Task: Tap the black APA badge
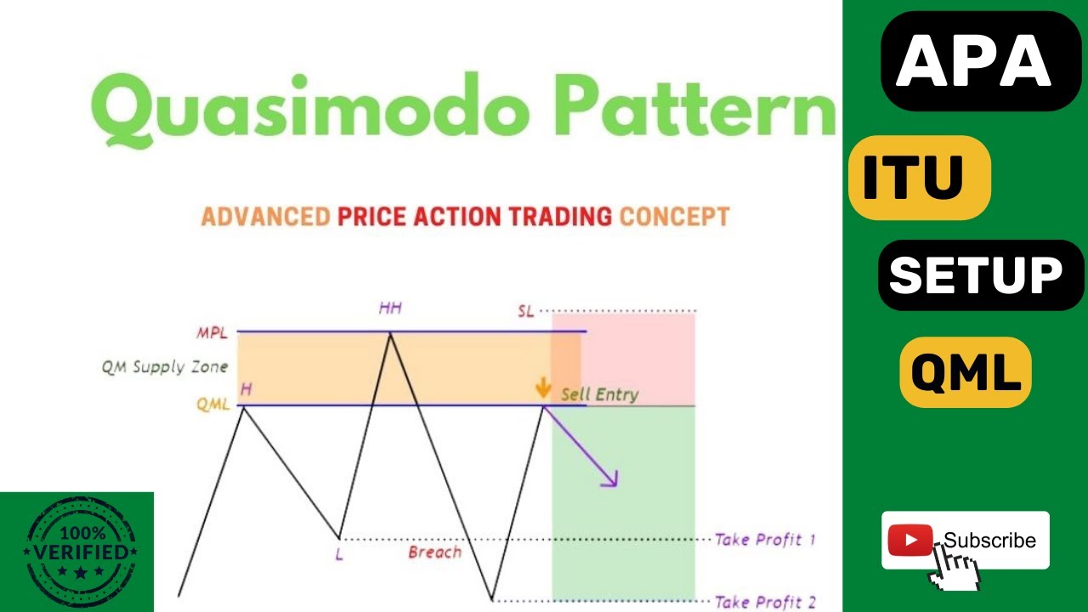pyautogui.click(x=968, y=61)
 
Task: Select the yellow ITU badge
pyautogui.click(x=918, y=177)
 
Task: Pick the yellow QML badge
pyautogui.click(x=965, y=372)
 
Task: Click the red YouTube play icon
pyautogui.click(x=909, y=540)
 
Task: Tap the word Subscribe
pyautogui.click(x=989, y=540)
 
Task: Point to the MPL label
pyautogui.click(x=212, y=333)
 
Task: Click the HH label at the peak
pyautogui.click(x=390, y=308)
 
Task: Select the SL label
pyautogui.click(x=525, y=311)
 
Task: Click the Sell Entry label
pyautogui.click(x=599, y=394)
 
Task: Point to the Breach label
pyautogui.click(x=434, y=552)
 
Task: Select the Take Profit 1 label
pyautogui.click(x=765, y=539)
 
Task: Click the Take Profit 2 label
pyautogui.click(x=765, y=602)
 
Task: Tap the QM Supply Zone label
pyautogui.click(x=165, y=367)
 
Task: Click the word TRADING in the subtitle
pyautogui.click(x=560, y=216)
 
